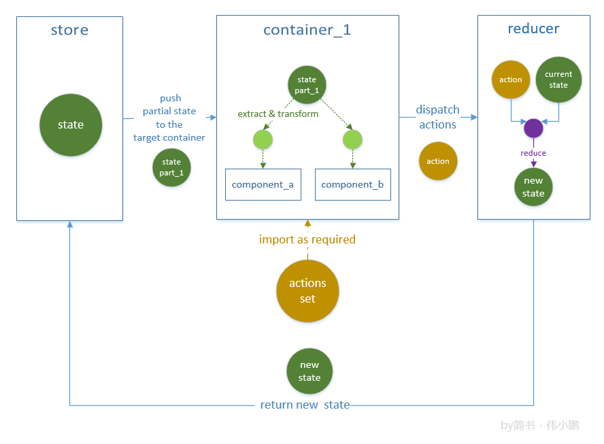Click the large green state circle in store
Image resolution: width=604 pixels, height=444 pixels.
coord(71,125)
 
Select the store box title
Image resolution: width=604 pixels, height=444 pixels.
coord(69,31)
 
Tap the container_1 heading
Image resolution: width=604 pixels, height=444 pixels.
coord(307,31)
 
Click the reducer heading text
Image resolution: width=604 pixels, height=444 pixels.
coord(533,29)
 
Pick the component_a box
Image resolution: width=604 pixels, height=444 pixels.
coord(263,184)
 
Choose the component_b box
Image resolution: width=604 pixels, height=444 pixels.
coord(352,184)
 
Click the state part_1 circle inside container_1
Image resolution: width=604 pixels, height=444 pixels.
coord(307,85)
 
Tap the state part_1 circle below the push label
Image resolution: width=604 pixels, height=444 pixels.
coord(171,167)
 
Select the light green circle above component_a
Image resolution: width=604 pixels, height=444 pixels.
coord(263,140)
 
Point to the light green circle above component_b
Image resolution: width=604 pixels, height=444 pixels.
coord(352,140)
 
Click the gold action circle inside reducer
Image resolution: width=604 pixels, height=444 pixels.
coord(511,80)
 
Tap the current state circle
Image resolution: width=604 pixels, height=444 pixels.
coord(558,80)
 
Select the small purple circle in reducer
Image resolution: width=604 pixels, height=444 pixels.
coord(533,127)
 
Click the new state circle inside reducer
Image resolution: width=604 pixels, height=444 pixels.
coord(533,187)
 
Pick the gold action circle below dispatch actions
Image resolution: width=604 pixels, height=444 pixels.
coord(438,161)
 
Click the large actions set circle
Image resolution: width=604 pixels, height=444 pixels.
coord(307,291)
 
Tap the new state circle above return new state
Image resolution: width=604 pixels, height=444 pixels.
coord(309,371)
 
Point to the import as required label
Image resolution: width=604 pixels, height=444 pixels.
coord(307,239)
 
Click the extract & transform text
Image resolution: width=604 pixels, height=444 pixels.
coord(278,114)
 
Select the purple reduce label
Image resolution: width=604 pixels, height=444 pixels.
coord(533,153)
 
